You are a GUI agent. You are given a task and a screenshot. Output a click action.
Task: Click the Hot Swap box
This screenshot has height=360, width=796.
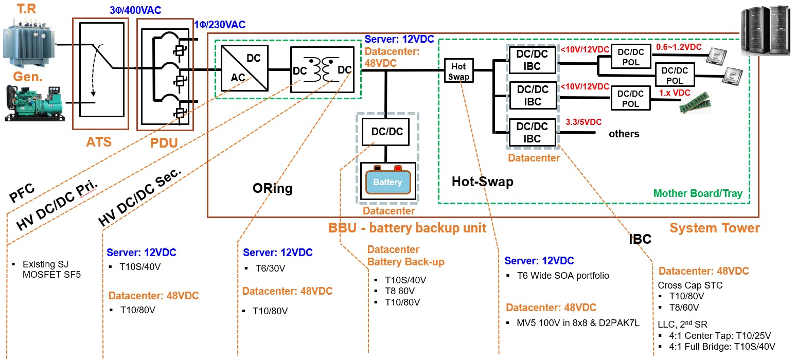(x=458, y=71)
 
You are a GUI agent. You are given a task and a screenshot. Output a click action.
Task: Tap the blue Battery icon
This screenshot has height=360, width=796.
(x=387, y=182)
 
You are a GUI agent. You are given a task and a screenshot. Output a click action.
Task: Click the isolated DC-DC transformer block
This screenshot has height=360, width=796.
(x=322, y=69)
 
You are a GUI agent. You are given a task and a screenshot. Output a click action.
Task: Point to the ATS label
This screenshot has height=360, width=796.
(x=99, y=141)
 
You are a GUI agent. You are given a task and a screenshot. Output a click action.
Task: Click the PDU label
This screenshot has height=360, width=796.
(x=163, y=142)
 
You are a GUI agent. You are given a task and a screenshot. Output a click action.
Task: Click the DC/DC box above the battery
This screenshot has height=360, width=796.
(x=387, y=132)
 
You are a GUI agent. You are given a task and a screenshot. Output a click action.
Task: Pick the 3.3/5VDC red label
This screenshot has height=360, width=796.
(x=583, y=122)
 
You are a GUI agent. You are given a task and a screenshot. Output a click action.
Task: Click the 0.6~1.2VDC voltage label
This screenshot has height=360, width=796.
(x=679, y=47)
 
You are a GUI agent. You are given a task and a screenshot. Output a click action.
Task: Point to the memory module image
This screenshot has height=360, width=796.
(x=696, y=105)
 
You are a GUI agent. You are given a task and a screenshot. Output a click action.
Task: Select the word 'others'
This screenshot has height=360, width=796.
(x=624, y=134)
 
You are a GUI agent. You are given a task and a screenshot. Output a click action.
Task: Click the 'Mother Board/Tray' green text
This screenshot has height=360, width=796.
(x=698, y=193)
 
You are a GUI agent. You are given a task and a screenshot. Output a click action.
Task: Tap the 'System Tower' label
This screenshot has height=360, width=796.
(x=714, y=228)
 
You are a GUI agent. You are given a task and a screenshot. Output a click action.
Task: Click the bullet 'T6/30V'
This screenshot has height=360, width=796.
(x=270, y=268)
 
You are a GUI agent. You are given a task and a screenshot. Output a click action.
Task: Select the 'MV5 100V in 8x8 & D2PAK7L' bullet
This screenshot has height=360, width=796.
(x=578, y=323)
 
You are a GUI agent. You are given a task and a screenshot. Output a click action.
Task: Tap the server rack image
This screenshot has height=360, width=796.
(x=766, y=28)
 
